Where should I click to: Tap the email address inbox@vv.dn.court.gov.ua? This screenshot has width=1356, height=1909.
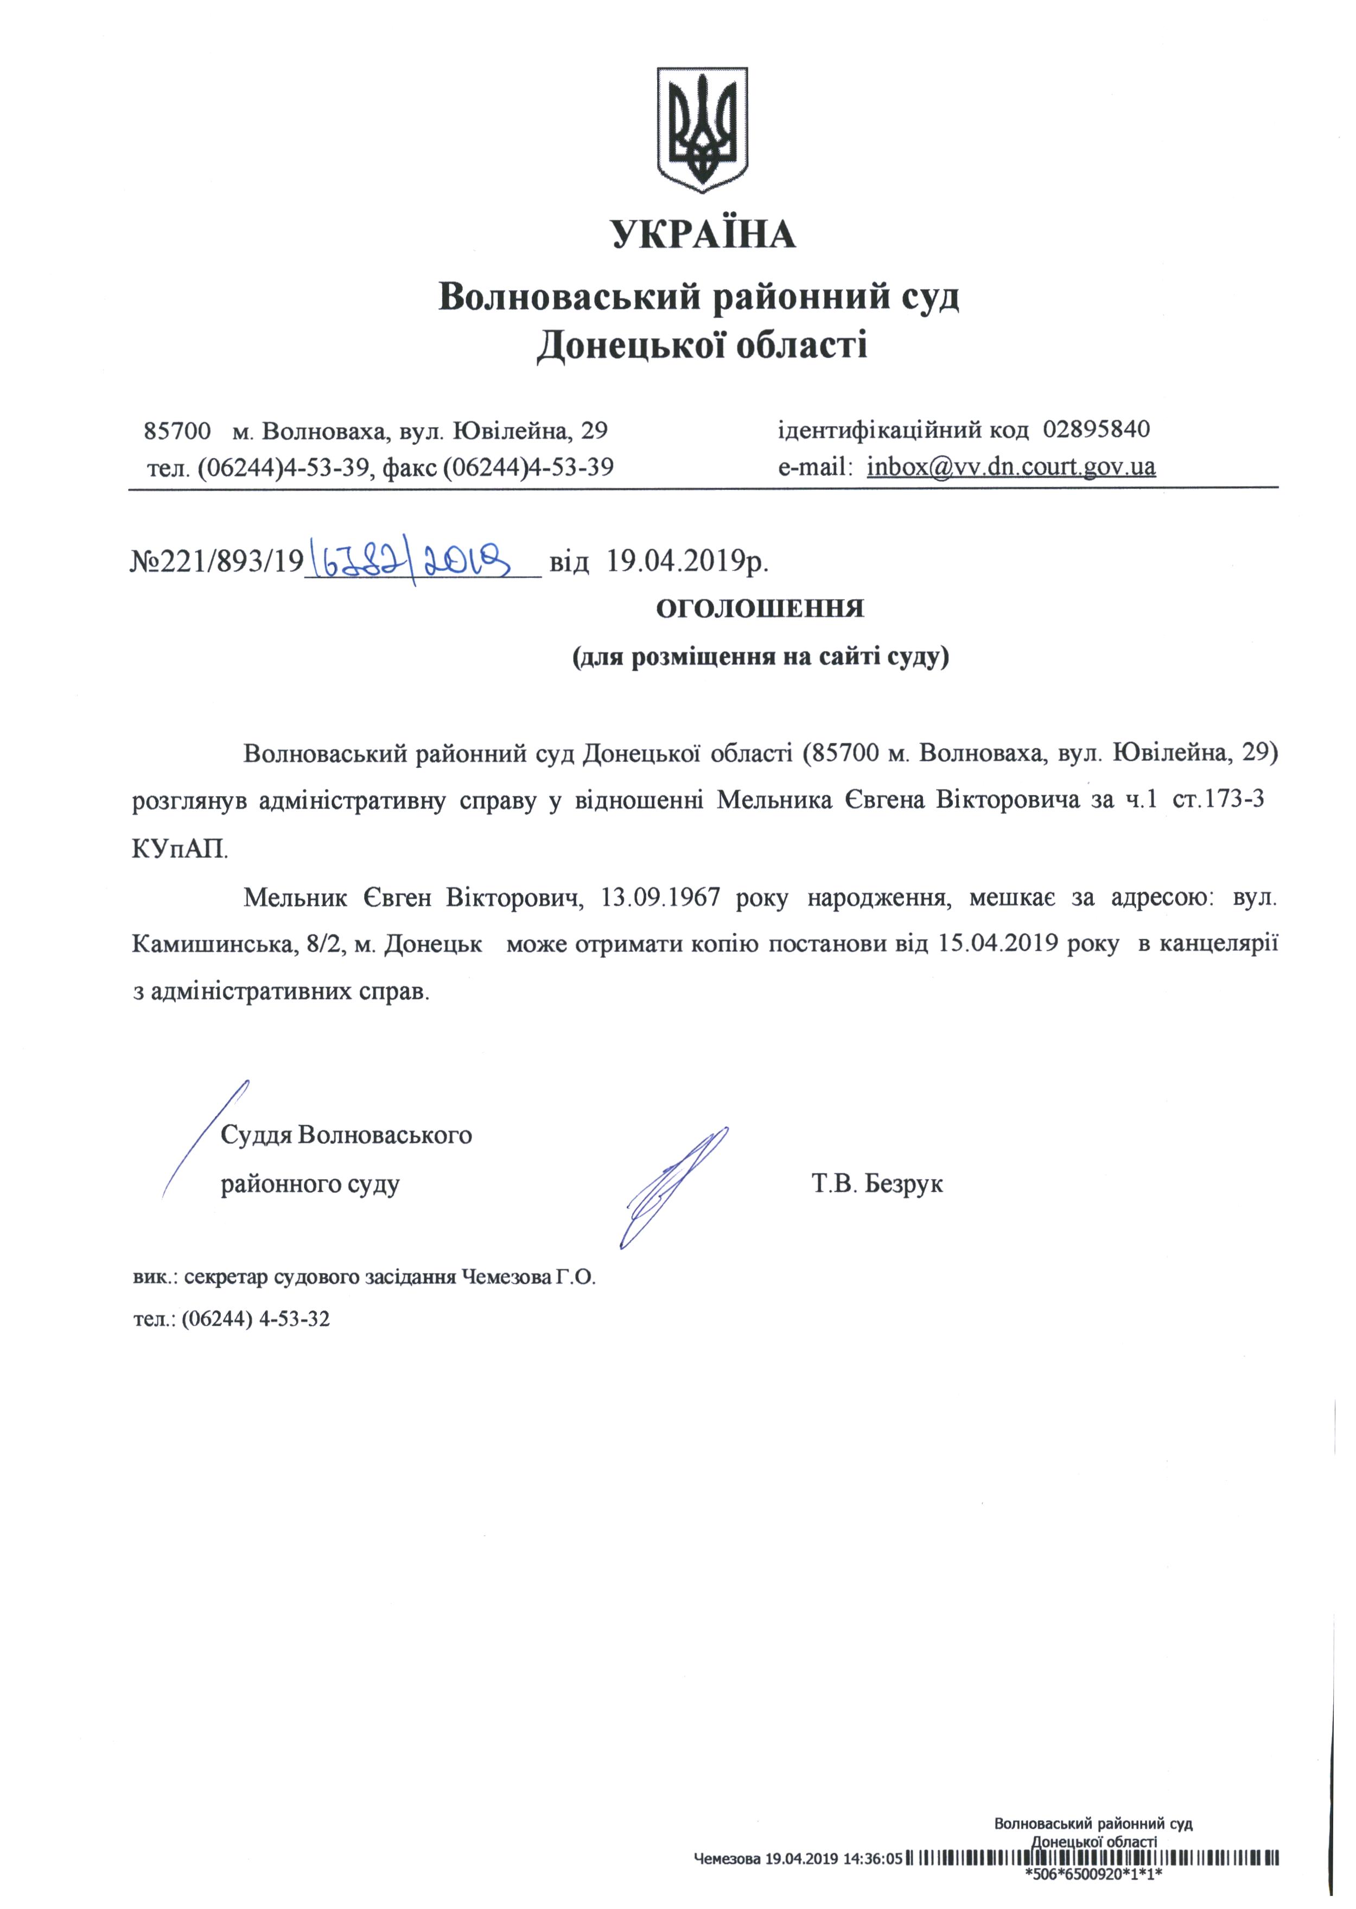point(1010,466)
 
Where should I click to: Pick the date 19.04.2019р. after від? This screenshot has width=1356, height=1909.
point(686,561)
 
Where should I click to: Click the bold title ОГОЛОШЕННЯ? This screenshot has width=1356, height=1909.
point(759,609)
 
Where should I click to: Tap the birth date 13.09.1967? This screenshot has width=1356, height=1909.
point(660,899)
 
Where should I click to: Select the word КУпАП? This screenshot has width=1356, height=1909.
point(179,849)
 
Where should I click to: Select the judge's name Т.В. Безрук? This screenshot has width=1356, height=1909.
point(877,1184)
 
